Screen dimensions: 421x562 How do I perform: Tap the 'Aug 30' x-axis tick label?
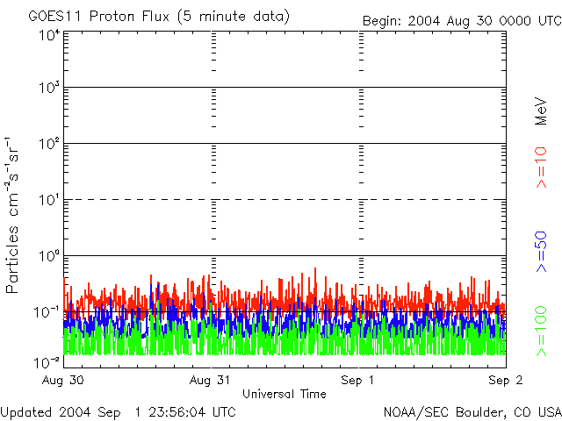click(x=62, y=381)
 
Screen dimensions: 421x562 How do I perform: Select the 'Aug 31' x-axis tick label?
click(x=212, y=381)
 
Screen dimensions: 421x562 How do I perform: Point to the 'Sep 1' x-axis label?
click(x=359, y=381)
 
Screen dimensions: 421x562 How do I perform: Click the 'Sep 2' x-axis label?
click(x=505, y=381)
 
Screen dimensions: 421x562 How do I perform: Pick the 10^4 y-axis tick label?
click(x=48, y=35)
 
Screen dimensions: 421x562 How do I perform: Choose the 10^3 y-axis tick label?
click(x=48, y=88)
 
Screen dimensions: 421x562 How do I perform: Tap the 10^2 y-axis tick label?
click(x=48, y=143)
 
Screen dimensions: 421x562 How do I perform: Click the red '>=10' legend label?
click(x=542, y=168)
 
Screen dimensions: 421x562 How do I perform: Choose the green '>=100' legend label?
click(x=542, y=330)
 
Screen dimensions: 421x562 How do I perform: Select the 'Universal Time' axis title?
click(x=284, y=394)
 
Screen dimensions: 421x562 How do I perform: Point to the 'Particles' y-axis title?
click(x=15, y=263)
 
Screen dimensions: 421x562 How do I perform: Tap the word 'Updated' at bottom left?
click(x=26, y=411)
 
